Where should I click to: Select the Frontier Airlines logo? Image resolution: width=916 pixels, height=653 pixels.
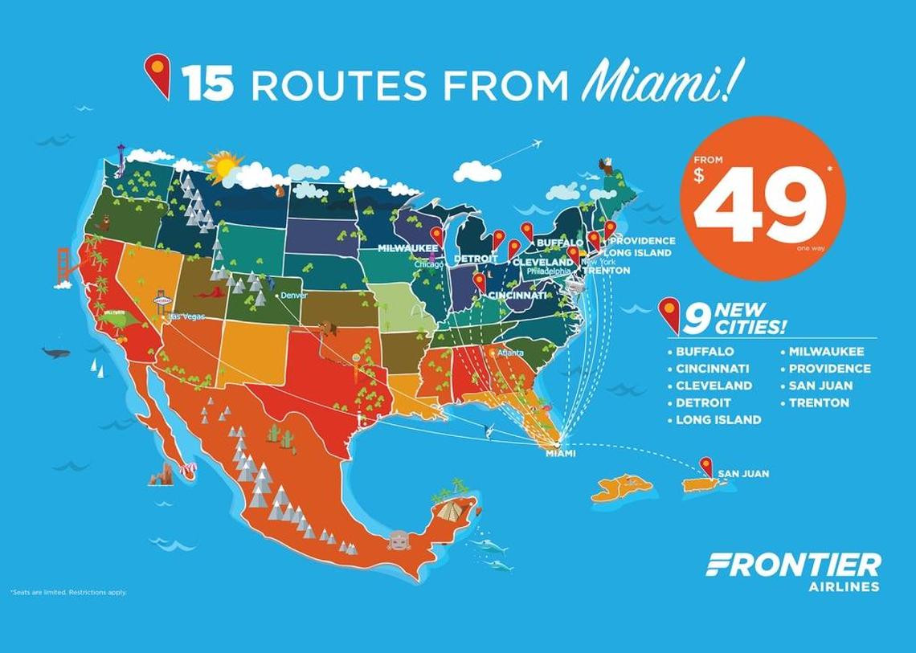(x=792, y=571)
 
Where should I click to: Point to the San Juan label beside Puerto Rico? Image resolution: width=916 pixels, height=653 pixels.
(x=743, y=474)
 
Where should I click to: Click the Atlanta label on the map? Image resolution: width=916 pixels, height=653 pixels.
(x=510, y=353)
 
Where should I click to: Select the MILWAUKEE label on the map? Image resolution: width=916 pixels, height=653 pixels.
(x=407, y=249)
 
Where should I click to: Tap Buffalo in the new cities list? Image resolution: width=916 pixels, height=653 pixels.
(x=705, y=351)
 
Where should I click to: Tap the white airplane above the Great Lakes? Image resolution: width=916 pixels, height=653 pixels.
(x=533, y=145)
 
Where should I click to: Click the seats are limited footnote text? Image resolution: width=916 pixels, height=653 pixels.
(x=68, y=593)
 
